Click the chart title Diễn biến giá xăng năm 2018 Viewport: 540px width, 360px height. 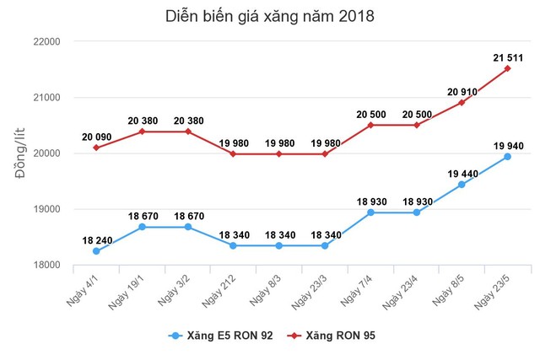coord(269,17)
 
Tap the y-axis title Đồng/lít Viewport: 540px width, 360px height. coord(21,153)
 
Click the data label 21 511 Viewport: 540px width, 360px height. coord(507,57)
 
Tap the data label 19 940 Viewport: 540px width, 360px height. coord(507,145)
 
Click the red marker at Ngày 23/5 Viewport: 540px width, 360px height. coord(507,69)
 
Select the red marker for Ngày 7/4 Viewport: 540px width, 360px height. coord(370,125)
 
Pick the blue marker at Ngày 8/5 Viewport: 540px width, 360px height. coord(462,185)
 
